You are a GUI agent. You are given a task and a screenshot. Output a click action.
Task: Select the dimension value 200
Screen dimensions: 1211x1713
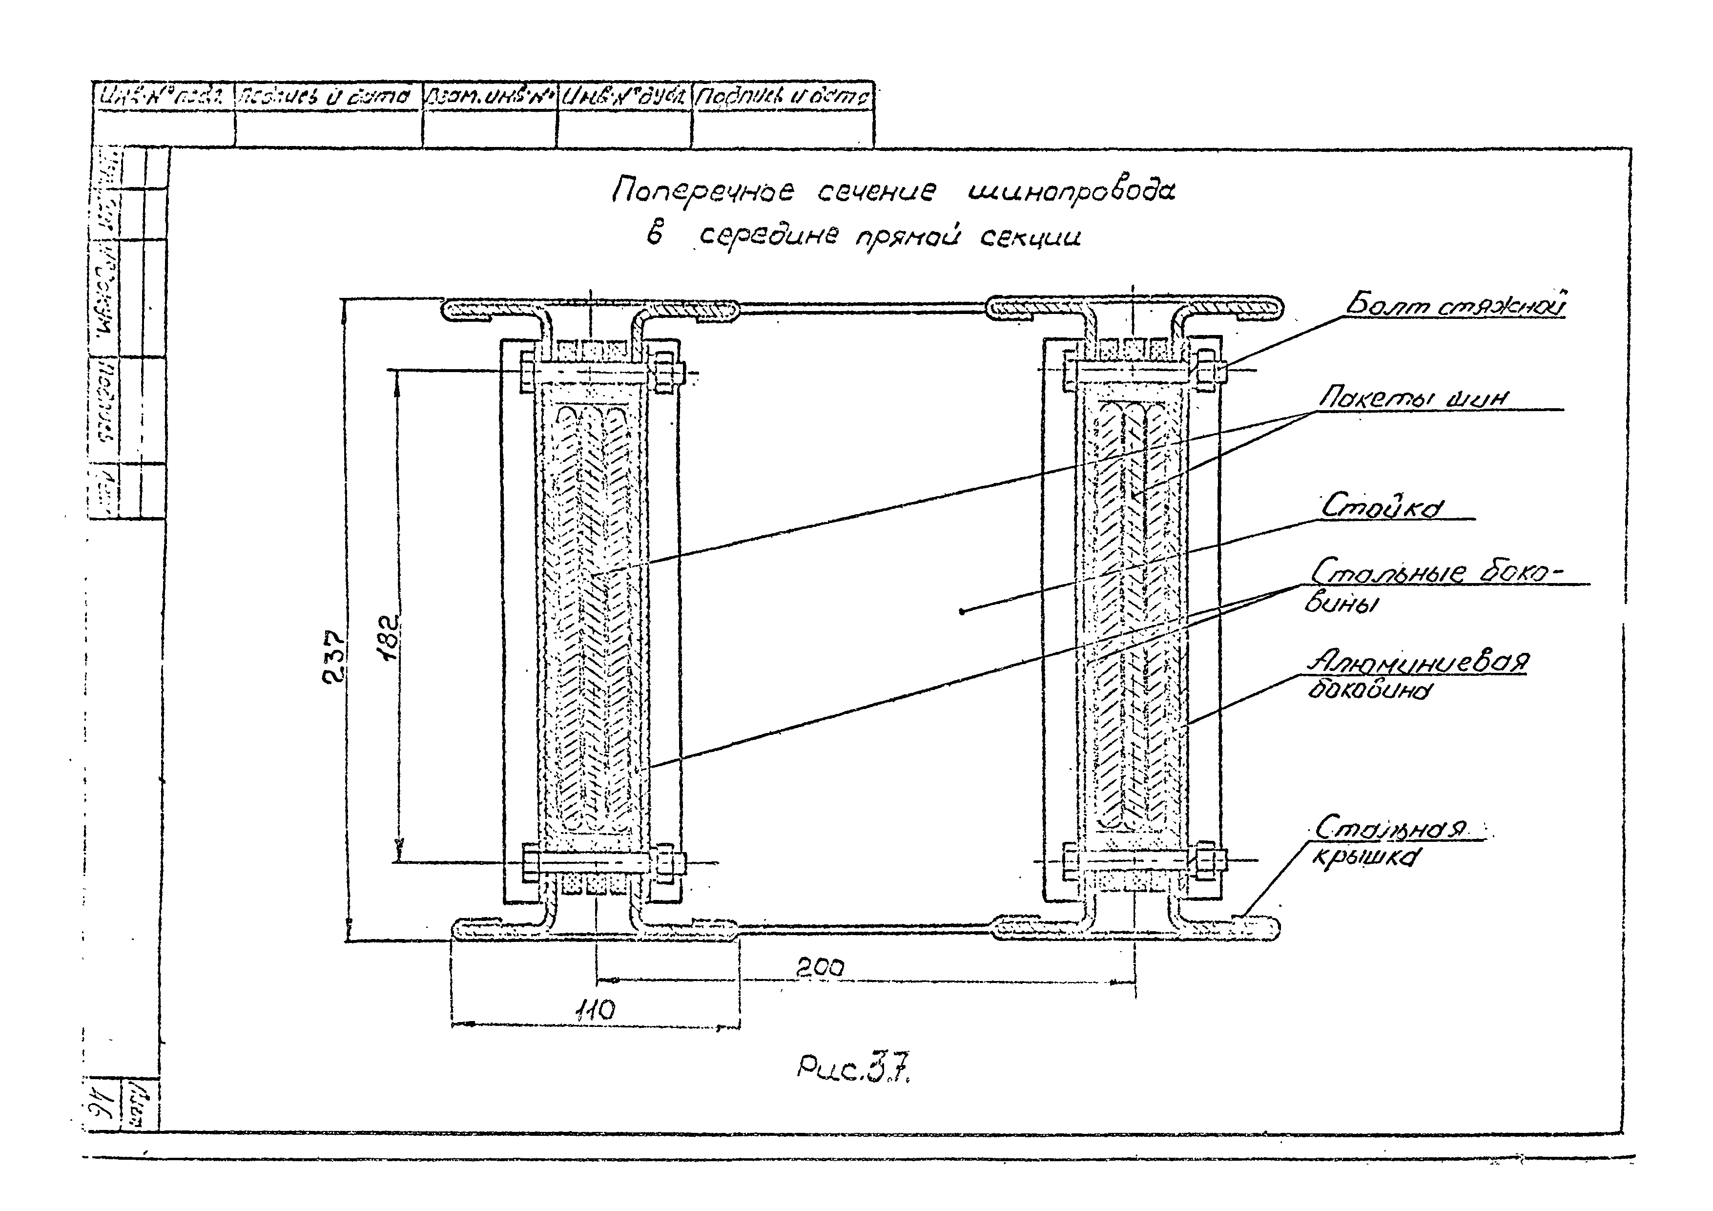819,968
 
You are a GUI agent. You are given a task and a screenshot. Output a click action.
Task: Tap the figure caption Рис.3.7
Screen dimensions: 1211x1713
855,1072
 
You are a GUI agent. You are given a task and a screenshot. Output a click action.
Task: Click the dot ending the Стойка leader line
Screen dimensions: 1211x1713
963,612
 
